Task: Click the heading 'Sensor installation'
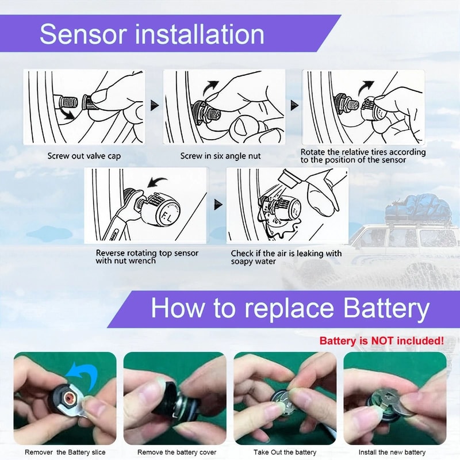tap(152, 34)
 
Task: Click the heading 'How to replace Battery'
tap(290, 309)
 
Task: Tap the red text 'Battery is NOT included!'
tap(381, 340)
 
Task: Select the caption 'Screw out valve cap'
tap(84, 156)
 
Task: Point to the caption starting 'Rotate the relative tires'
tap(363, 156)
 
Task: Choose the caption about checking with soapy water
tap(286, 257)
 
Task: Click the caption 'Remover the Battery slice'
tap(65, 453)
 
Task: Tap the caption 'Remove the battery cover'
tap(177, 453)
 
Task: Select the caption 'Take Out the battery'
tap(285, 453)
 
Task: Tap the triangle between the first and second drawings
tap(154, 105)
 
